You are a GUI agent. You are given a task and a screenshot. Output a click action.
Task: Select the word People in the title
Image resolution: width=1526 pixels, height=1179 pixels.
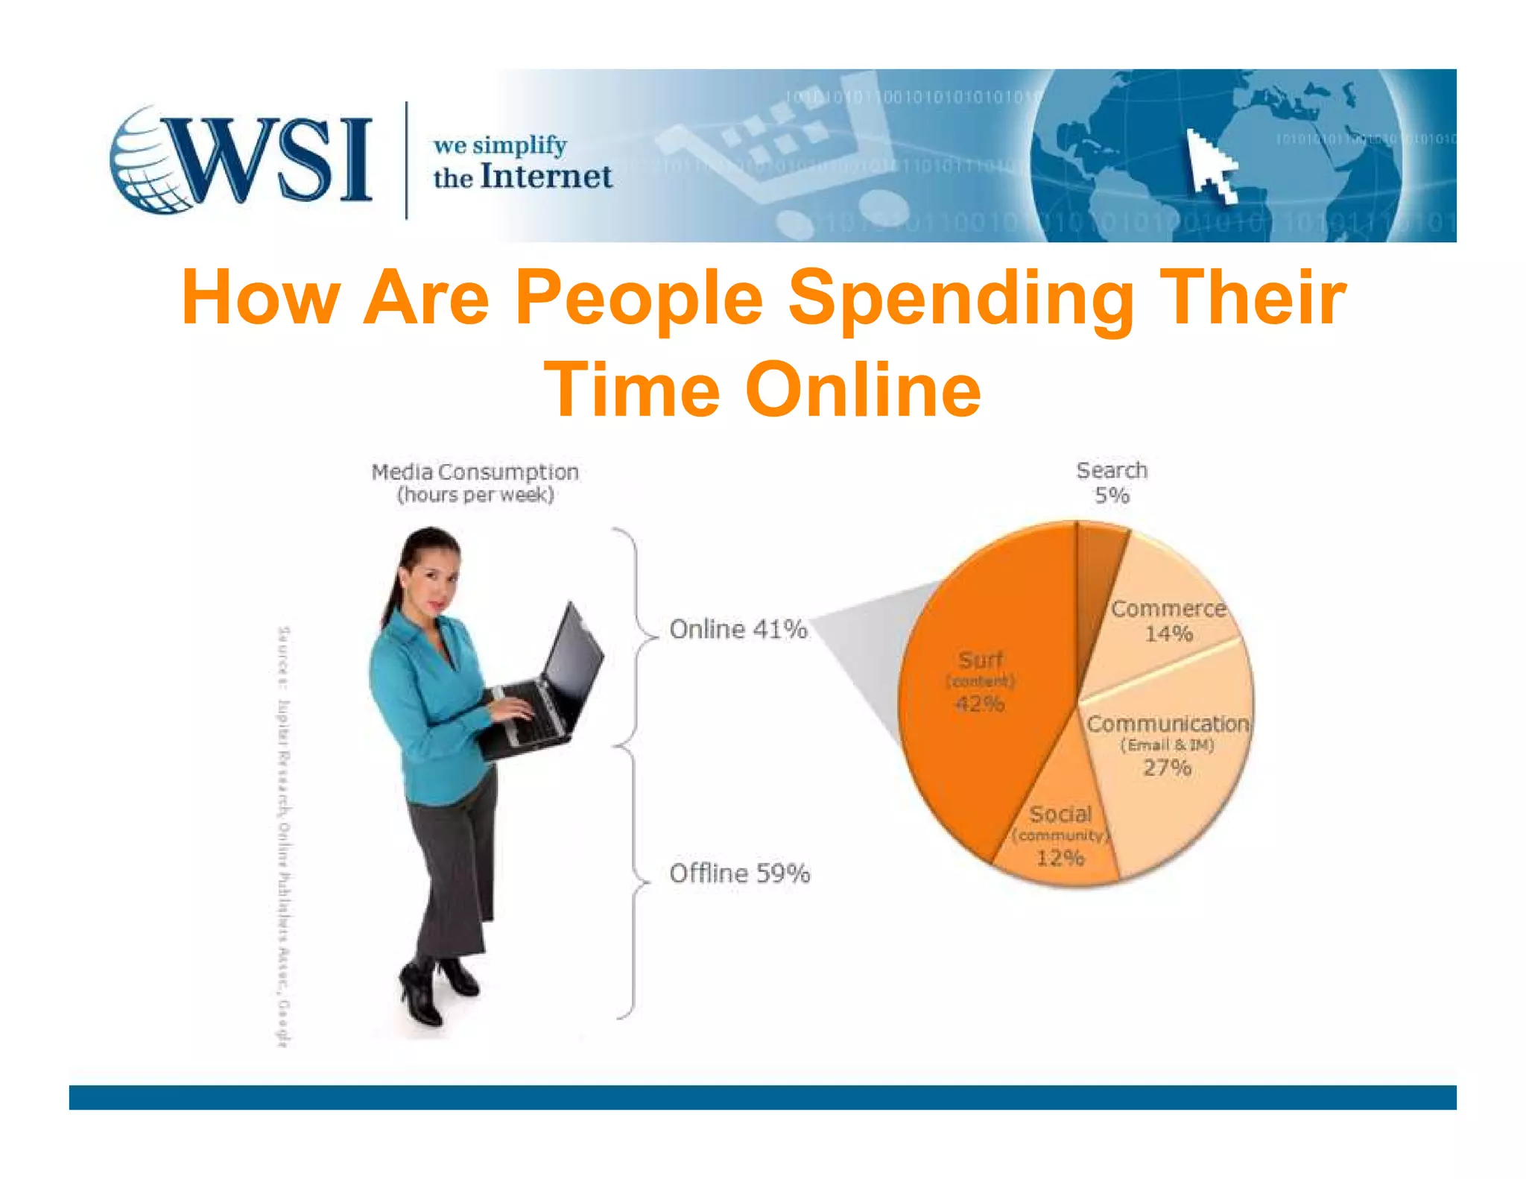(x=639, y=298)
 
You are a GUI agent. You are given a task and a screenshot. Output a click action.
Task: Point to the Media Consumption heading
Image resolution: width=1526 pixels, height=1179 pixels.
(x=475, y=472)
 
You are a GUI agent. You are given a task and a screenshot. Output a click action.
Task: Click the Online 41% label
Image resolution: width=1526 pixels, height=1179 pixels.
(x=738, y=630)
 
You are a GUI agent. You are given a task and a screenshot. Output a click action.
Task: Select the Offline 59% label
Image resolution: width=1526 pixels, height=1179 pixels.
(x=739, y=873)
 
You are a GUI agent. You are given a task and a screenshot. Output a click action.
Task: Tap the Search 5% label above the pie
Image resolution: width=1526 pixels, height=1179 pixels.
(x=1112, y=483)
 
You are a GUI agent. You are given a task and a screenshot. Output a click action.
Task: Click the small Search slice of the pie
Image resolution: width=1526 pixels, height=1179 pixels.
(x=1099, y=566)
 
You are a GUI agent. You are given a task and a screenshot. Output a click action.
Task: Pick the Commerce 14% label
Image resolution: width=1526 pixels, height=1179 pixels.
(x=1168, y=621)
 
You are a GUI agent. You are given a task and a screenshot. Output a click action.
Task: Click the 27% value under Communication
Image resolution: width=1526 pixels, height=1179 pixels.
(x=1167, y=768)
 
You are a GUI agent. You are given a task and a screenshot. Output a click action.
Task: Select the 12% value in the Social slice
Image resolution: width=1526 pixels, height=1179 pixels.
(x=1060, y=858)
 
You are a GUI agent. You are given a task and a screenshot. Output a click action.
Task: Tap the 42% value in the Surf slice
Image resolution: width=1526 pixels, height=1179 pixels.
(x=979, y=704)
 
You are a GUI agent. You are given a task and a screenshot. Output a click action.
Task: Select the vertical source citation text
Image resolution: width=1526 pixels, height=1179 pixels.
(x=283, y=835)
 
